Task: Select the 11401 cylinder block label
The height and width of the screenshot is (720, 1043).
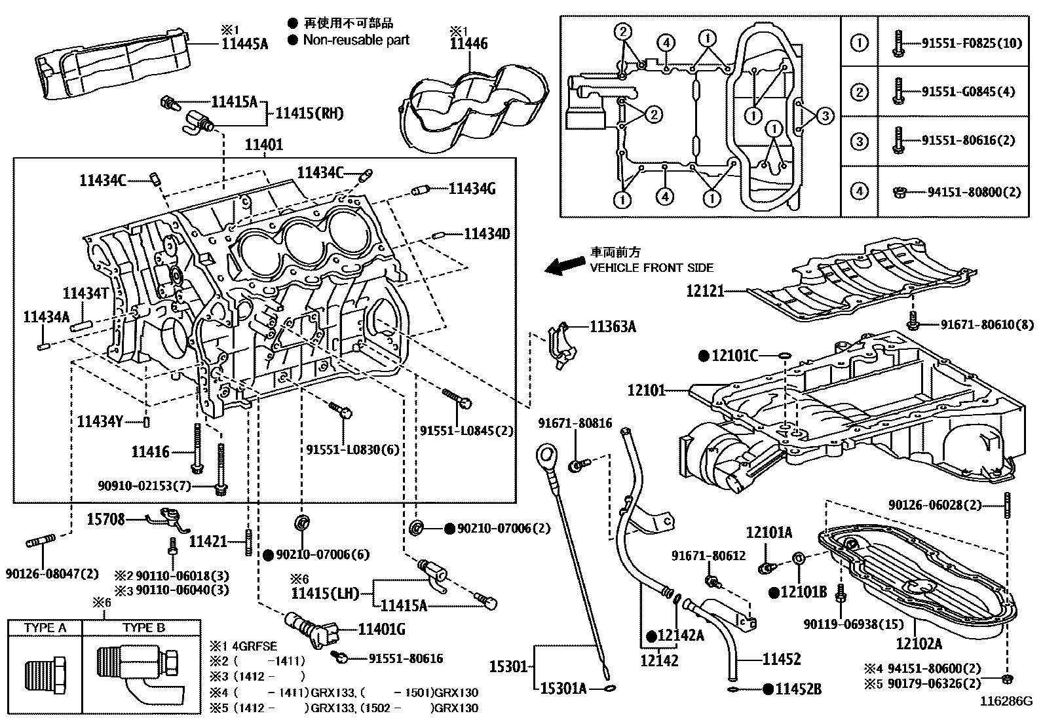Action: [x=263, y=145]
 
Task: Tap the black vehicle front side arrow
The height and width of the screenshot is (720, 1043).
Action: [x=566, y=264]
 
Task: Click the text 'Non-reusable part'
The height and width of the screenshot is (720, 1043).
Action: [x=356, y=40]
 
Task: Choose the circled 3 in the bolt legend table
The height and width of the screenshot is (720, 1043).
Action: [x=858, y=141]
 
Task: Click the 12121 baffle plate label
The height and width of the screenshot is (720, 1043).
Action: [x=705, y=290]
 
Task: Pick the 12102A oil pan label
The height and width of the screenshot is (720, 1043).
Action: [x=919, y=643]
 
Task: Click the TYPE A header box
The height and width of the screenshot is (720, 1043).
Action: [x=45, y=628]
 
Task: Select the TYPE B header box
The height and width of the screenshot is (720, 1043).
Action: [x=143, y=628]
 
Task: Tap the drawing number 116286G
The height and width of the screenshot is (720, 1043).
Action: [x=1006, y=701]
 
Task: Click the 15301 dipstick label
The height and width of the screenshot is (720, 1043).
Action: [x=508, y=667]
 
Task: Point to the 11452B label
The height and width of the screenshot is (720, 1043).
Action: [x=799, y=689]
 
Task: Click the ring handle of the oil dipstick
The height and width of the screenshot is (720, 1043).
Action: [x=546, y=453]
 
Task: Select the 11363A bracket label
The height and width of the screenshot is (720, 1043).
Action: [x=613, y=326]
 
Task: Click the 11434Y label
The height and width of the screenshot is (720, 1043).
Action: [x=100, y=421]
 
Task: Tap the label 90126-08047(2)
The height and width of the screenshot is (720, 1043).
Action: [x=52, y=573]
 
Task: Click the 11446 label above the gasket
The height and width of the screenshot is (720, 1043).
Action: [x=468, y=44]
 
